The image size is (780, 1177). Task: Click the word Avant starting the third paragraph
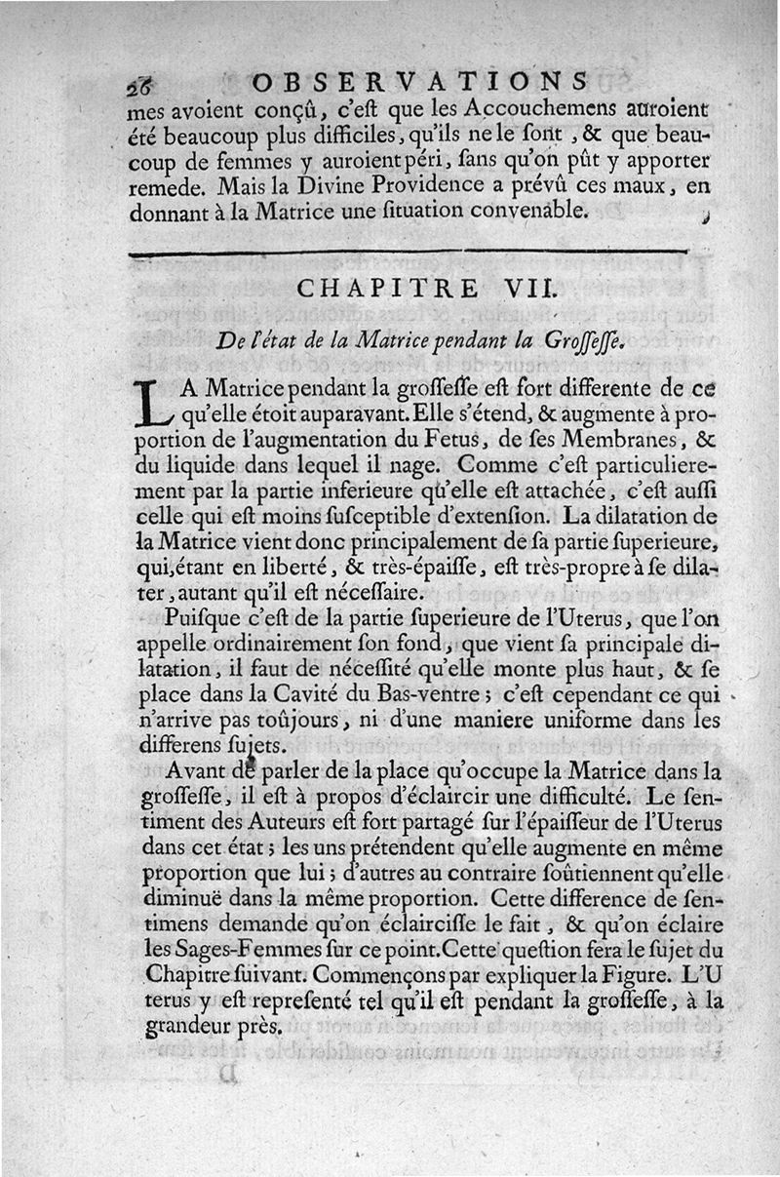(x=201, y=771)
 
